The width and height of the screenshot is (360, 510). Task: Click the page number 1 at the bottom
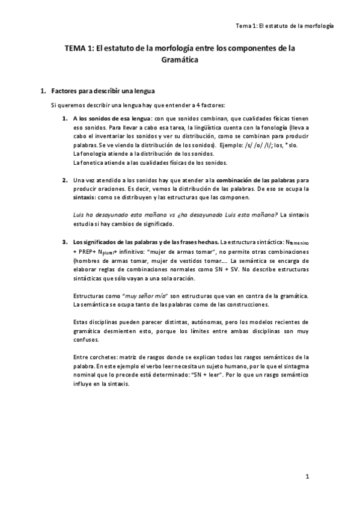point(307,477)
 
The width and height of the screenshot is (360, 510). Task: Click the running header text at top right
point(285,26)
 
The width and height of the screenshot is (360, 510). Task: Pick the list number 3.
point(64,242)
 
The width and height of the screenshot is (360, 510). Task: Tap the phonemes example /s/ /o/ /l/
point(255,146)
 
